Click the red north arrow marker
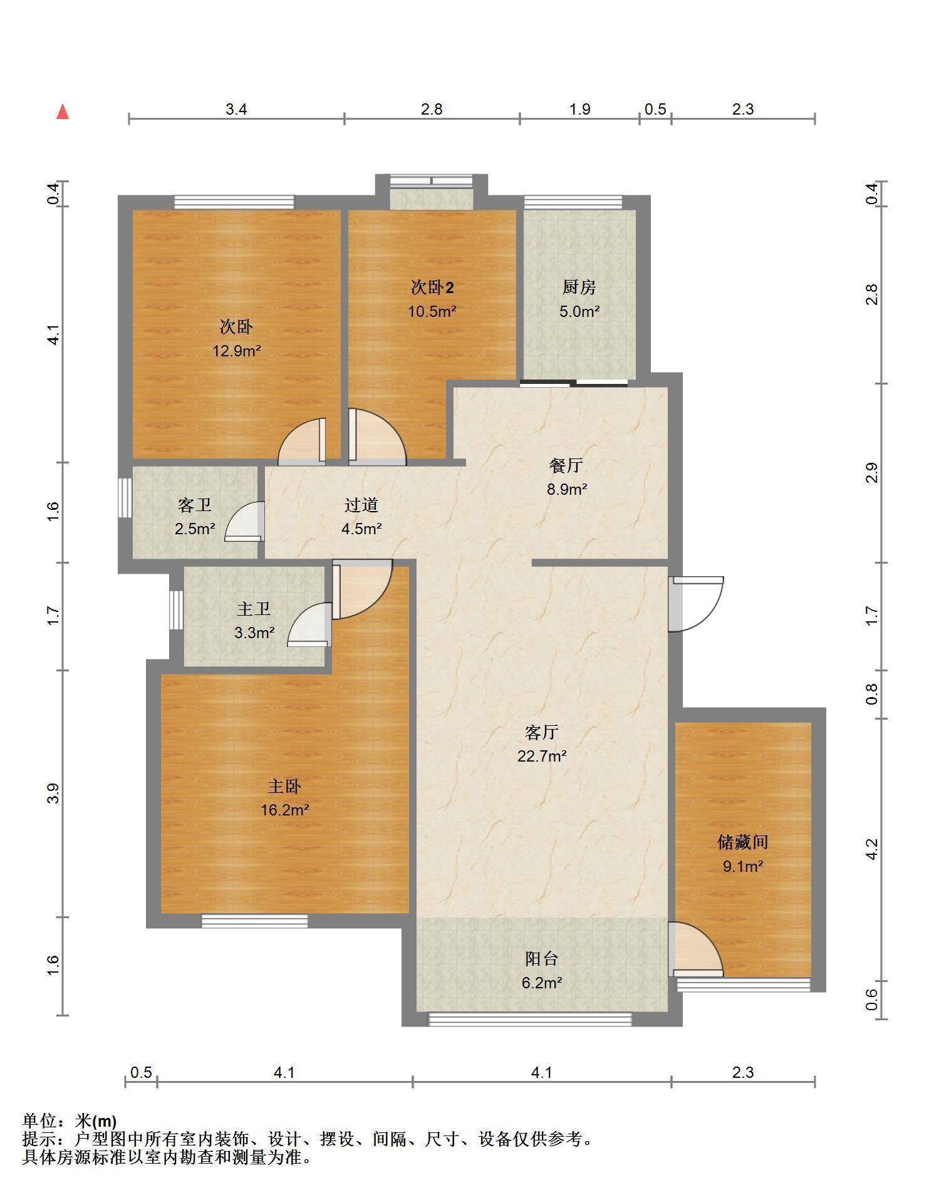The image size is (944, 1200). [x=63, y=111]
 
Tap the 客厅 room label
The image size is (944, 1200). [x=542, y=732]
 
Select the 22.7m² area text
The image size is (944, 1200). [x=542, y=756]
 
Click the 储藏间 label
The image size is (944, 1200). [x=743, y=842]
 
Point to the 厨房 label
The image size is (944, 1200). [x=579, y=287]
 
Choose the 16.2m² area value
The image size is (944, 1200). [x=285, y=810]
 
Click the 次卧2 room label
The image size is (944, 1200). [x=432, y=287]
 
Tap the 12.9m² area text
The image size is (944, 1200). [x=236, y=351]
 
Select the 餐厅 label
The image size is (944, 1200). [x=567, y=465]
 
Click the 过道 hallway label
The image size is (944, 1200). [x=361, y=505]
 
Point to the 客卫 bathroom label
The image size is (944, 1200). [x=195, y=505]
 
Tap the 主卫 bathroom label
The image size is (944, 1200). [x=254, y=609]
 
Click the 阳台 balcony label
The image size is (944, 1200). [x=542, y=959]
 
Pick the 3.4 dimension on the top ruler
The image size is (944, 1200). [x=236, y=110]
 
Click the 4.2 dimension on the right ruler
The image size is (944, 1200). [x=872, y=849]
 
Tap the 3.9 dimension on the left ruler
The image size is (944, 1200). [x=54, y=794]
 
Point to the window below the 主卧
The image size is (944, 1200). [x=254, y=921]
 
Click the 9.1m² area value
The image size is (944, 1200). [x=743, y=867]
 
